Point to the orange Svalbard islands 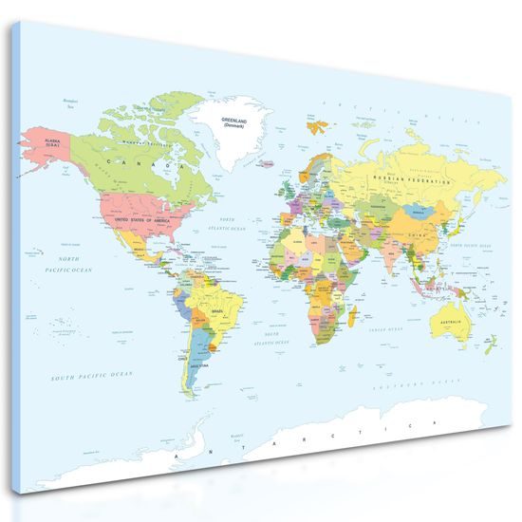click(x=315, y=124)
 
